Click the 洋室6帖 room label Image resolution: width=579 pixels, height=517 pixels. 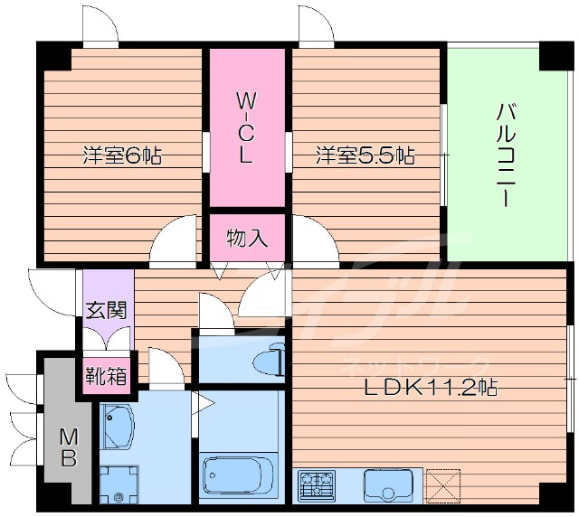click(x=122, y=155)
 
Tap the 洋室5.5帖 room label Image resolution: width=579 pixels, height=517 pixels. click(x=365, y=155)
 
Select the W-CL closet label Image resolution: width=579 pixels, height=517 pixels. click(x=247, y=127)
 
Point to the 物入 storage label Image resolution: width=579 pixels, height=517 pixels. click(x=247, y=239)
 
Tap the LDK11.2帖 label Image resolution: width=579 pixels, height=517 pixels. click(x=430, y=389)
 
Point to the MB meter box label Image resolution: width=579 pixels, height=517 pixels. click(x=69, y=447)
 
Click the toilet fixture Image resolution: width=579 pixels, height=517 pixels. click(x=267, y=360)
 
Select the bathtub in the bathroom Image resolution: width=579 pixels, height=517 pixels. click(x=237, y=475)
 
